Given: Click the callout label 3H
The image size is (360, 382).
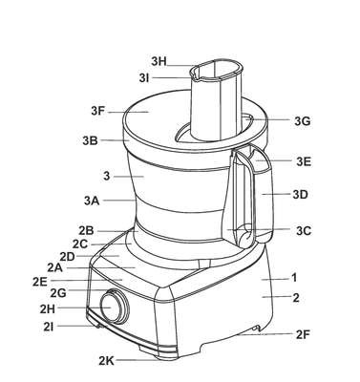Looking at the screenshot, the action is (x=159, y=61).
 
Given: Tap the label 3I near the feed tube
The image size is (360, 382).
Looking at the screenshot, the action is (x=144, y=78).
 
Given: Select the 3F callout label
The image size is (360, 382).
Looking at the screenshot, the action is (x=98, y=112).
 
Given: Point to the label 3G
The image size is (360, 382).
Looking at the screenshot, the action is (x=302, y=121).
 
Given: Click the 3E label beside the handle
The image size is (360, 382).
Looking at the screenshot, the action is (x=304, y=161).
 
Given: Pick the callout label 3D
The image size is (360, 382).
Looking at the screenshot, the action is (x=300, y=194).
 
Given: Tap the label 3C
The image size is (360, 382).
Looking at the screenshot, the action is (x=304, y=231).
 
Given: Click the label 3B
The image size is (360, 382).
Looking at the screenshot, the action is (x=90, y=140).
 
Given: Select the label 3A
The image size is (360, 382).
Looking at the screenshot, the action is (x=92, y=201).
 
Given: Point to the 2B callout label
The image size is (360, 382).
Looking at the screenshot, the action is (x=86, y=230).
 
